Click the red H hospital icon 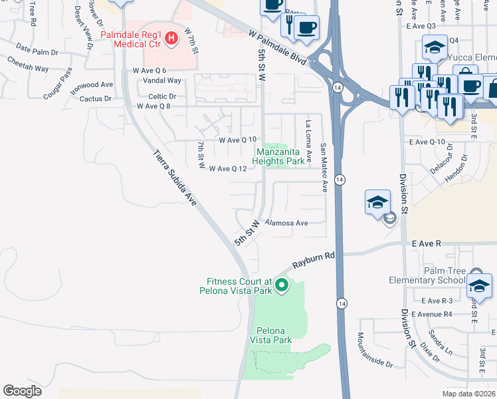pyautogui.click(x=171, y=38)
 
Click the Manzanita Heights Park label pyautogui.click(x=281, y=156)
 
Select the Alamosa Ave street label pyautogui.click(x=287, y=223)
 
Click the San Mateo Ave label pyautogui.click(x=324, y=168)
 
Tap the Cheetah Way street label pyautogui.click(x=28, y=59)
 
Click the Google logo pyautogui.click(x=22, y=390)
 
